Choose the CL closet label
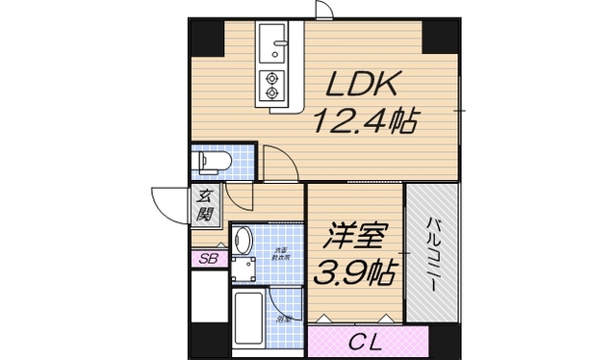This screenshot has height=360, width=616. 367,341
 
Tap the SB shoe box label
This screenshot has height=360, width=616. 206,259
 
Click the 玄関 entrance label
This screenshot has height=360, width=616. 206,205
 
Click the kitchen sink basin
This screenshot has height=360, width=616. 272,42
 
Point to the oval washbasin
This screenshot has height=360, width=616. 243,239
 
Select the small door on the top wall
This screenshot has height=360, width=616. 325,10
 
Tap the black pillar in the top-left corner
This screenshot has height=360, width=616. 205,38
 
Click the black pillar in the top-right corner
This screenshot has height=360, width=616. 442,38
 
